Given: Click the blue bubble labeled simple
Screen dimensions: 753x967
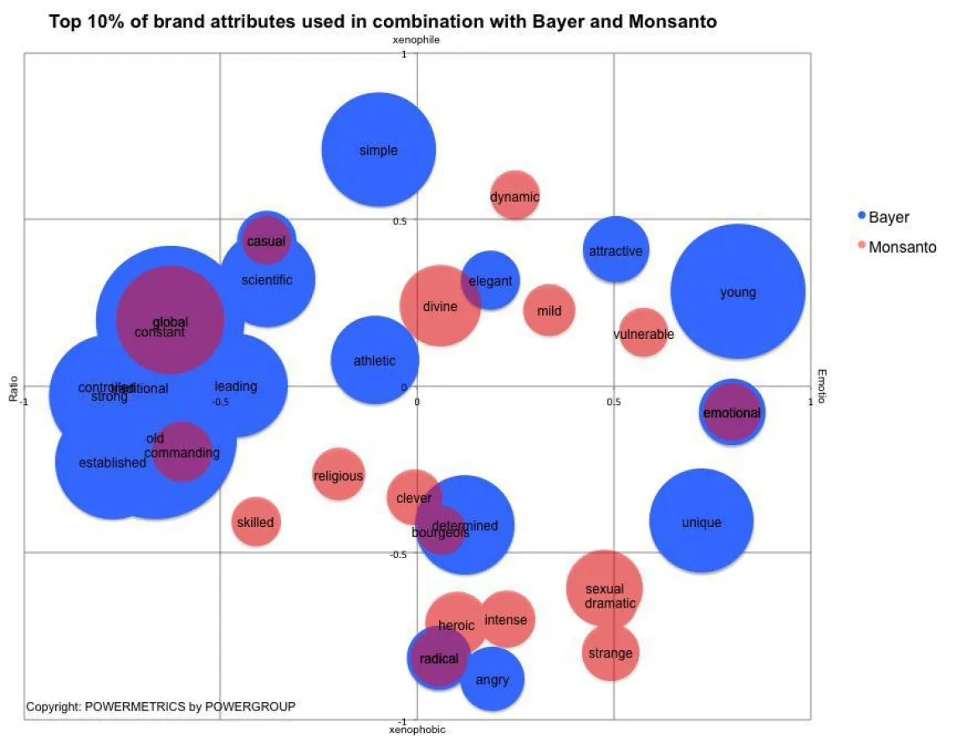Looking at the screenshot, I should pos(378,151).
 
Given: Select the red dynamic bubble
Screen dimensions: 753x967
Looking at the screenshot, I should pos(514,197).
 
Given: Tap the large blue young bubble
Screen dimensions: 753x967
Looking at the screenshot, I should pos(738,292).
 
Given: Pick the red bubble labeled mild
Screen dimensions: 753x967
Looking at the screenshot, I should pos(550,310).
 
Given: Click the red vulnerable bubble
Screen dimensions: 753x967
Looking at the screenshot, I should pos(643,334).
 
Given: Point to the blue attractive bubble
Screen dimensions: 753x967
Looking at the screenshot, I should pos(616,250).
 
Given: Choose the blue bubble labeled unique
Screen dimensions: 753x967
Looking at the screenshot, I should pos(701,522).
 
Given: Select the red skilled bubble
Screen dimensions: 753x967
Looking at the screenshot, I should pos(255,522).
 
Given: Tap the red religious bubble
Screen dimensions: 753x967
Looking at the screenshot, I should pos(338,475).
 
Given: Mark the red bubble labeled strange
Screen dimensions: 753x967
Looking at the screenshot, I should pos(610,653).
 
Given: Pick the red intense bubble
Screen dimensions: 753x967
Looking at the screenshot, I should pos(506,619).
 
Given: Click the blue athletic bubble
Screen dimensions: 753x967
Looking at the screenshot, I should pos(374,361).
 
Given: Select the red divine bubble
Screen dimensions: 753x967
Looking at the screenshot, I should pos(439,306).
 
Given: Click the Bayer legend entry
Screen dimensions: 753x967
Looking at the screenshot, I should pos(888,217).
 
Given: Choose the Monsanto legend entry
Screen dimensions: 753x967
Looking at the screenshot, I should pos(902,247).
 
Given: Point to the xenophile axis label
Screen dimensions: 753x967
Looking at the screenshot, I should pos(416,39).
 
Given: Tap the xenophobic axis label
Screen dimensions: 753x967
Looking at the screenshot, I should pos(417,730).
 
